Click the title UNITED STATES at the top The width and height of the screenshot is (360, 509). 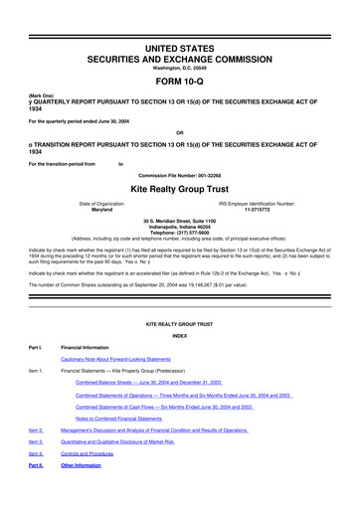180,48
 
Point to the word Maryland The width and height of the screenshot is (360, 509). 101,210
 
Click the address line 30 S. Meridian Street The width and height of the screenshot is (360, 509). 180,220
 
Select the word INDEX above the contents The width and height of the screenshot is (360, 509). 180,334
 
